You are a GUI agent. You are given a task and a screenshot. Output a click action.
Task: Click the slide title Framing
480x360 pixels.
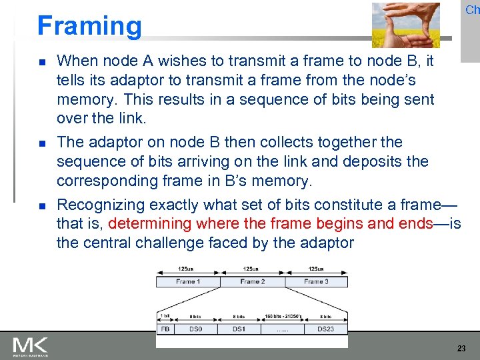point(89,26)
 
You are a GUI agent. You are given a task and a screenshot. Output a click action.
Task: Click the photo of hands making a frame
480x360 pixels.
point(405,25)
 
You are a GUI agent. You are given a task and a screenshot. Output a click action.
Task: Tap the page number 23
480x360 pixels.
point(461,349)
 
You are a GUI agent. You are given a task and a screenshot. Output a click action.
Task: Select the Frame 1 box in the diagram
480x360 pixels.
point(187,282)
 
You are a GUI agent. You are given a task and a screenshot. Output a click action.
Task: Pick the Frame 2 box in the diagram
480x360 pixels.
point(253,282)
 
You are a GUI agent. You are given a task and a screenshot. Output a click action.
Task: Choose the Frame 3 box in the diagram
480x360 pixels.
point(316,282)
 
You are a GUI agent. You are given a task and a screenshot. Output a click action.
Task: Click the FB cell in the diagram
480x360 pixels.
point(165,329)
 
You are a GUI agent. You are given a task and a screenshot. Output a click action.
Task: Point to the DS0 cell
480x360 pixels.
point(195,329)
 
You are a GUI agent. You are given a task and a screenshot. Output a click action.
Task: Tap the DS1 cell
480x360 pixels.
point(238,329)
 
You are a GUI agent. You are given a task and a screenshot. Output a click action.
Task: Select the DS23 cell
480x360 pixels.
point(325,329)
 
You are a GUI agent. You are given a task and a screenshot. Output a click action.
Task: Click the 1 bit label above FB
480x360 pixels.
point(165,316)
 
